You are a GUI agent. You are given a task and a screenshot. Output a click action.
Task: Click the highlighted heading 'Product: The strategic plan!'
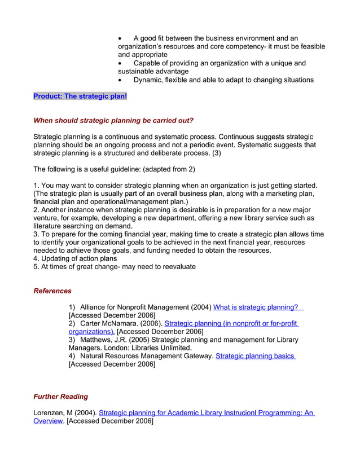(x=80, y=96)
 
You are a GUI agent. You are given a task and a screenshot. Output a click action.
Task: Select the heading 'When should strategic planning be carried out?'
(x=113, y=121)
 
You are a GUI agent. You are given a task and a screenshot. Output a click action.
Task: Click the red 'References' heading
(x=52, y=291)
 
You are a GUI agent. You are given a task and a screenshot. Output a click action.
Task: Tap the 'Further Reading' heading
(x=61, y=397)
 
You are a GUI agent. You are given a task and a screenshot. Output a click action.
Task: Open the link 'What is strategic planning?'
(x=256, y=307)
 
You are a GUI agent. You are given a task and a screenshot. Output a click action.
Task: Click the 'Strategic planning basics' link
(x=255, y=356)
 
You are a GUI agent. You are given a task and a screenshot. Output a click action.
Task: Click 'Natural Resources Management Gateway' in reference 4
(x=146, y=356)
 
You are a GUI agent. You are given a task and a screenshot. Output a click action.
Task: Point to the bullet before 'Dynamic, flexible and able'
(x=120, y=80)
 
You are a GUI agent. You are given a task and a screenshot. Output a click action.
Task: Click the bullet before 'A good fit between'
(x=120, y=38)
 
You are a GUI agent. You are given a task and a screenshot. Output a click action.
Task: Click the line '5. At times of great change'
(x=115, y=266)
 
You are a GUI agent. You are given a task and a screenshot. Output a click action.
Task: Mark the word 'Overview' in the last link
(x=48, y=421)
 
